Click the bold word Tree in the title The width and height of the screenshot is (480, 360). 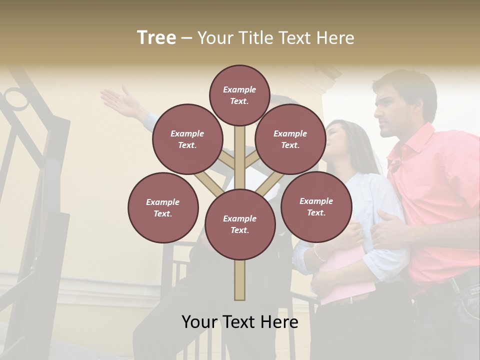[156, 38]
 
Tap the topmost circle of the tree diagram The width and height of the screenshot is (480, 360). [239, 95]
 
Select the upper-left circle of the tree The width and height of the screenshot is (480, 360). [187, 139]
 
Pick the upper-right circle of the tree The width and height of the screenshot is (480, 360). [290, 139]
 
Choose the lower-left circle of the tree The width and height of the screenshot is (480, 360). [162, 207]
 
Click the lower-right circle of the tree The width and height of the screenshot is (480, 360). [316, 206]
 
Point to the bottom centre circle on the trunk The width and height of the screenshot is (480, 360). [239, 224]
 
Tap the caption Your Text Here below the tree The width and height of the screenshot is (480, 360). [239, 322]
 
